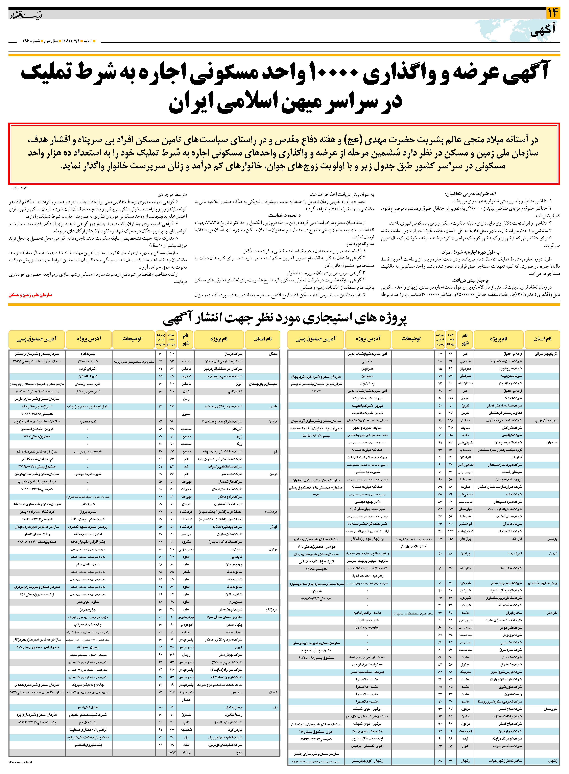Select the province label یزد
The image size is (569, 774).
click(275, 708)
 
